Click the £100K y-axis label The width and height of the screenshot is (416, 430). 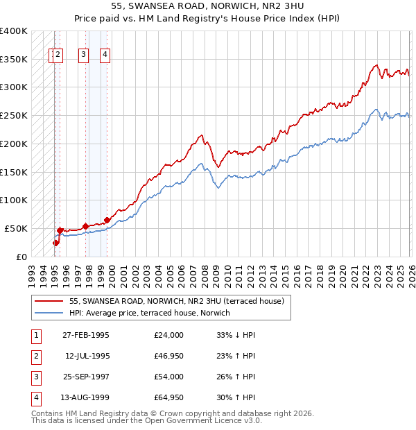tap(14, 200)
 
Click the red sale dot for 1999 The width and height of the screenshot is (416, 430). tap(107, 220)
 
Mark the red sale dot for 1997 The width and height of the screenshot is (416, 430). tap(85, 226)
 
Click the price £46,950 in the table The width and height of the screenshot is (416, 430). tap(169, 356)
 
